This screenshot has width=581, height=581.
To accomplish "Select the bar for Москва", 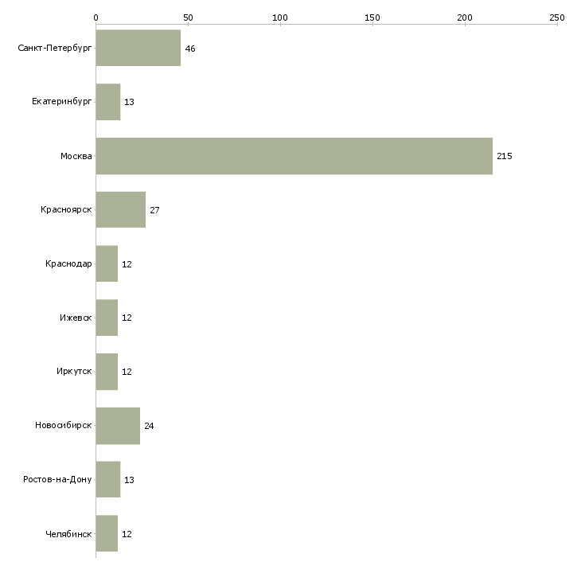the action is [294, 156].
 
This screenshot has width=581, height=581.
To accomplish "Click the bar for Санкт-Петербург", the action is [138, 48].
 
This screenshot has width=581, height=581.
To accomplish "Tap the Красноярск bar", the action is [121, 210].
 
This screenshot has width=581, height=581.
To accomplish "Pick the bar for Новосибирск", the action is [118, 426].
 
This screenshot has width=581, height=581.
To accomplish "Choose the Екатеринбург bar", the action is [108, 102].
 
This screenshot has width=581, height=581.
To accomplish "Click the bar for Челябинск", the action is [107, 533].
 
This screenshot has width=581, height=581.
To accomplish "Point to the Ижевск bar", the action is [107, 318].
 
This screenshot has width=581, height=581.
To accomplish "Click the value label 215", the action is [505, 156].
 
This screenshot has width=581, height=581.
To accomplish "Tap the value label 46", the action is [190, 49].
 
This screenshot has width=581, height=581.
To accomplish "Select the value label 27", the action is [154, 210].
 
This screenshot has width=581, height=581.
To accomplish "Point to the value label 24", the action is [149, 426].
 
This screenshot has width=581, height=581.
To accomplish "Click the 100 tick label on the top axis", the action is [280, 18].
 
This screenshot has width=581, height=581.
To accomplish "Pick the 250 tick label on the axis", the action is [557, 18].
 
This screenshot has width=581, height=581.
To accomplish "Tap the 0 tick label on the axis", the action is [96, 18].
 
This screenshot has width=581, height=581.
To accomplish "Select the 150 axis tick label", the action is [372, 18].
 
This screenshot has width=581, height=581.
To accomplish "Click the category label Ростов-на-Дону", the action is [57, 479].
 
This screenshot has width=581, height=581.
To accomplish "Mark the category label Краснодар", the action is [68, 263].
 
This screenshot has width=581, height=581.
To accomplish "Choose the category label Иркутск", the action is [74, 371].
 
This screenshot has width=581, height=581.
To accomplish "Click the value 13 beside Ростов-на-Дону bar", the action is [129, 480].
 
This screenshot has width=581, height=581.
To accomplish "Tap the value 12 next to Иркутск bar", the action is [127, 372].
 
